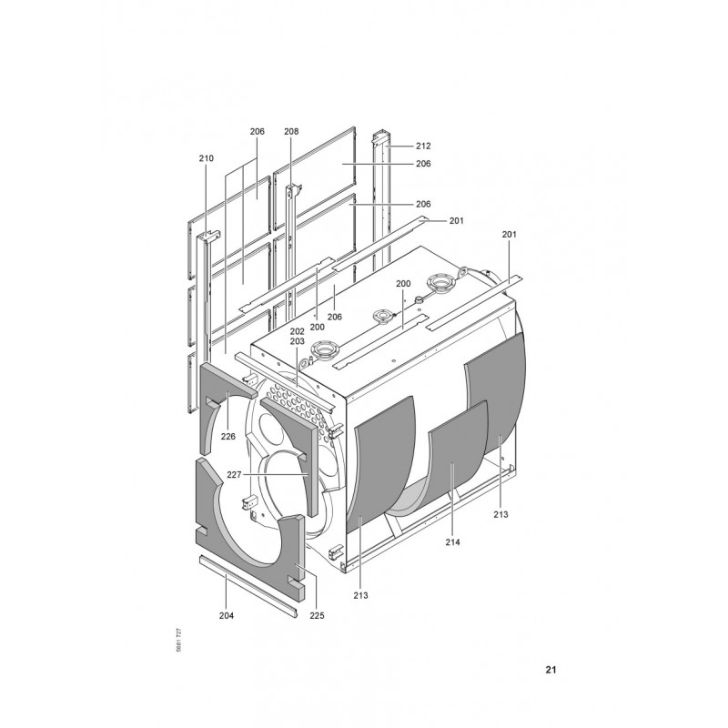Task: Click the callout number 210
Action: click(207, 158)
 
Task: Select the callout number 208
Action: click(291, 131)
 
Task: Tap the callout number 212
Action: click(423, 146)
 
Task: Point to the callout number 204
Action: click(227, 616)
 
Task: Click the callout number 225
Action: click(317, 616)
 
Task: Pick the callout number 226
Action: click(228, 437)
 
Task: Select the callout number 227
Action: click(235, 474)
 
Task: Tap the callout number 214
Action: click(452, 541)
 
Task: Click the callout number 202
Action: click(298, 331)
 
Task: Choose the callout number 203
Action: click(298, 341)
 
